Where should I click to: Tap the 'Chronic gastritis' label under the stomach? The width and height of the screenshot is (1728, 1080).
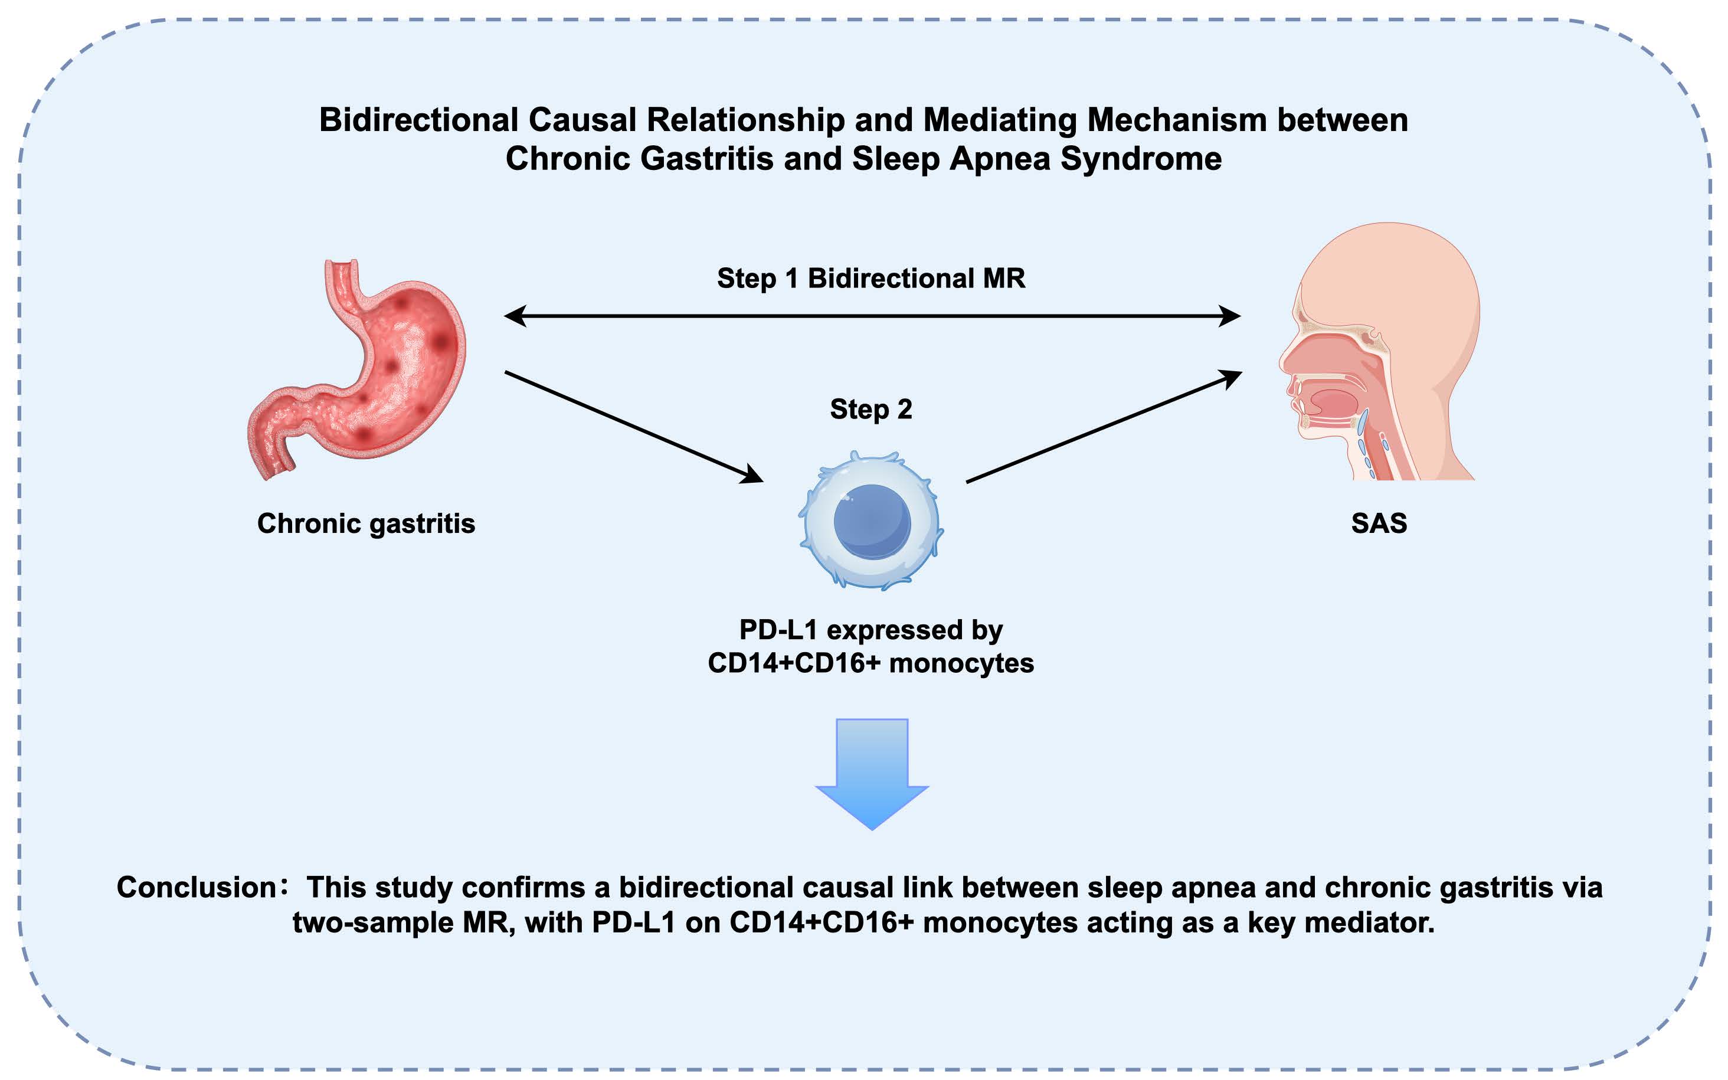(x=365, y=523)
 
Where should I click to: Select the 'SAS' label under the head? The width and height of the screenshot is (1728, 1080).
(x=1379, y=523)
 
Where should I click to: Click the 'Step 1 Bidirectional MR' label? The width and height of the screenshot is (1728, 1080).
(x=870, y=278)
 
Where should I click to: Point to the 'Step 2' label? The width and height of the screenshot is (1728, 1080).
(x=870, y=410)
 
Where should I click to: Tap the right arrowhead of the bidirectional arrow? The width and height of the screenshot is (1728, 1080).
(x=1229, y=316)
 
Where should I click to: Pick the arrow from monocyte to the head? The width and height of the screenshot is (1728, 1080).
(x=1103, y=427)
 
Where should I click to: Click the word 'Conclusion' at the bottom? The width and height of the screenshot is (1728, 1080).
(x=197, y=887)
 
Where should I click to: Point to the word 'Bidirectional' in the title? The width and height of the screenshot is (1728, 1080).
(x=418, y=119)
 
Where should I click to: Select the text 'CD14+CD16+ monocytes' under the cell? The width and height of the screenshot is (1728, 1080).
(x=870, y=663)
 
